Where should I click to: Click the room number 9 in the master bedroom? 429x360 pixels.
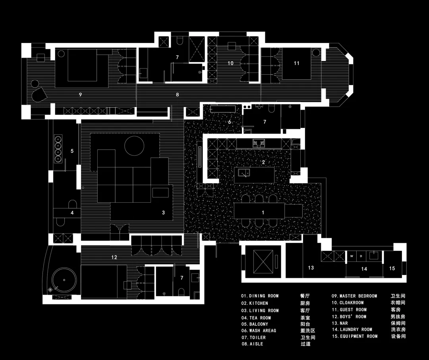point(80,95)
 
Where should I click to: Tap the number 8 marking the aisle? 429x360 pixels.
point(177,95)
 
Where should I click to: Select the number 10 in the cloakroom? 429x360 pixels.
point(231,63)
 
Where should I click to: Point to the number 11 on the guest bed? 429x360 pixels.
point(297,63)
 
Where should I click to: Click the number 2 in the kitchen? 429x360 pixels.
point(263,162)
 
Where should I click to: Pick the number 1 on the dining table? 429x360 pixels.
point(263,213)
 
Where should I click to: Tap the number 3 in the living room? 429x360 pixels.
point(163,213)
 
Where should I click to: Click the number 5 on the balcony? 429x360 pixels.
point(72,151)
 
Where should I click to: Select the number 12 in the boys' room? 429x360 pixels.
point(114,257)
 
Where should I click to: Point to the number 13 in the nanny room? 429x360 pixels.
point(311,268)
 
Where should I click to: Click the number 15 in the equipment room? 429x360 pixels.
point(392,268)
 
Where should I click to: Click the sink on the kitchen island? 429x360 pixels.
point(244,173)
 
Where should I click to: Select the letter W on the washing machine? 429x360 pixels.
point(352,256)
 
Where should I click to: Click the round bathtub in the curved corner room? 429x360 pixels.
point(64,280)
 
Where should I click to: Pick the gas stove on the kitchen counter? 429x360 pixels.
point(259,143)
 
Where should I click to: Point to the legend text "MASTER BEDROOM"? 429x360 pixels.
point(358,296)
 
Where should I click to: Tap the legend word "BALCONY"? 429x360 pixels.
point(259,324)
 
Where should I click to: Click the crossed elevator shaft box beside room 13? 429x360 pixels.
point(263,261)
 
